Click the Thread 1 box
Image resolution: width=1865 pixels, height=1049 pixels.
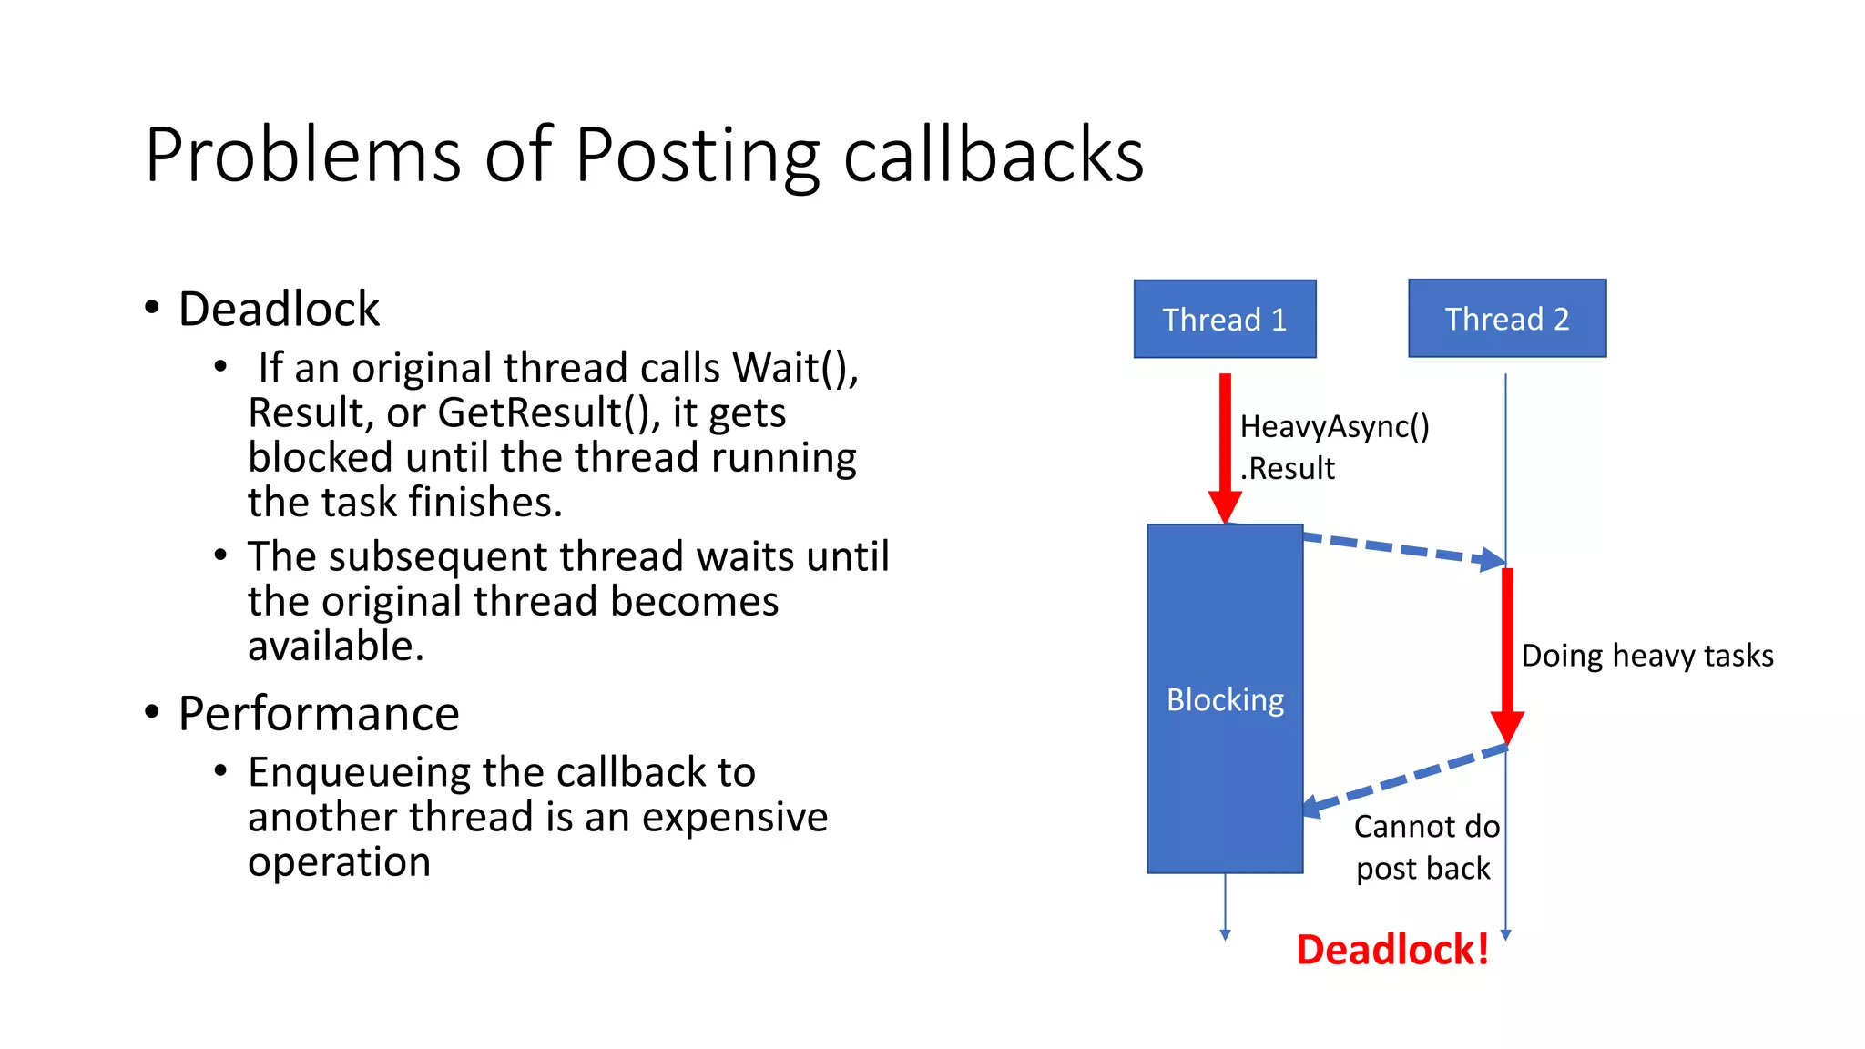(x=1224, y=319)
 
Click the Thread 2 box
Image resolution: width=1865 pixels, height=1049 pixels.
(x=1506, y=319)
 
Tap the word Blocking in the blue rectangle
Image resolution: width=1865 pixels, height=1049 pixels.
(x=1225, y=699)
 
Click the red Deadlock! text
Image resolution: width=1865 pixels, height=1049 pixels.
(x=1392, y=949)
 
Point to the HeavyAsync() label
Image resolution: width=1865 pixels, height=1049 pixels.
(x=1334, y=426)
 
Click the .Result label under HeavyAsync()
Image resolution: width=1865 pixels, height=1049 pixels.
(x=1287, y=468)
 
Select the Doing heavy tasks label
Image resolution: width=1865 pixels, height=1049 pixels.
(x=1646, y=656)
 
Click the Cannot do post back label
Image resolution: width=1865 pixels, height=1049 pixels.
(x=1425, y=847)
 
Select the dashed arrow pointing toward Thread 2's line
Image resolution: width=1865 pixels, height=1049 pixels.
(x=1402, y=549)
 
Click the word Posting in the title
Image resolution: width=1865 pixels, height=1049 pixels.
(x=697, y=155)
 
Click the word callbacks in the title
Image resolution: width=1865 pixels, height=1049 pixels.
(x=993, y=155)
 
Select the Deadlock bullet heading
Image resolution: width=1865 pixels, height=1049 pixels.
(x=279, y=309)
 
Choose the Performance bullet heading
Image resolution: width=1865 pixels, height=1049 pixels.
(x=318, y=713)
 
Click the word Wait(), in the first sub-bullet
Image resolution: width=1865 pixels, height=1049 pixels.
(x=795, y=368)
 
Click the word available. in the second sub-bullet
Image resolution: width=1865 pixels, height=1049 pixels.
(x=336, y=646)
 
